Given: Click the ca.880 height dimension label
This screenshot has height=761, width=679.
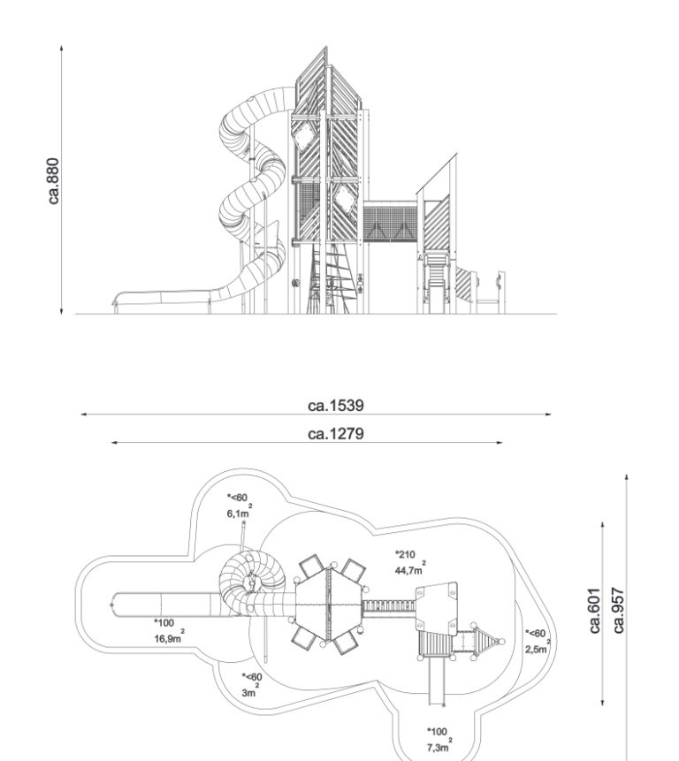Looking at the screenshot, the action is coord(54,181).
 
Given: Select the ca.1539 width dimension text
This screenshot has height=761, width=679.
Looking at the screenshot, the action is coord(336,406).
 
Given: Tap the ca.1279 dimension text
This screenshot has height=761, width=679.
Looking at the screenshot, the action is coord(336,433).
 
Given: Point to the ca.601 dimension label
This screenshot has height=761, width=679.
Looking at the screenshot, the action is coord(594,611).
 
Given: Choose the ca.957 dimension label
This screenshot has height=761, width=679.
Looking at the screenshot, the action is coord(618,611).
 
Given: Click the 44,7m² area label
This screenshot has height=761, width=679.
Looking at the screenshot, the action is coord(410,569).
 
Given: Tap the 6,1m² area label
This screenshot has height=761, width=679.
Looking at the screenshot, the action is coord(240,512).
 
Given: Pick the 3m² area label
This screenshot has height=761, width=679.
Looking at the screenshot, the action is coord(250,691).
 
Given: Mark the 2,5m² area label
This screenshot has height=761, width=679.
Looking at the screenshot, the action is coord(538,648).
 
